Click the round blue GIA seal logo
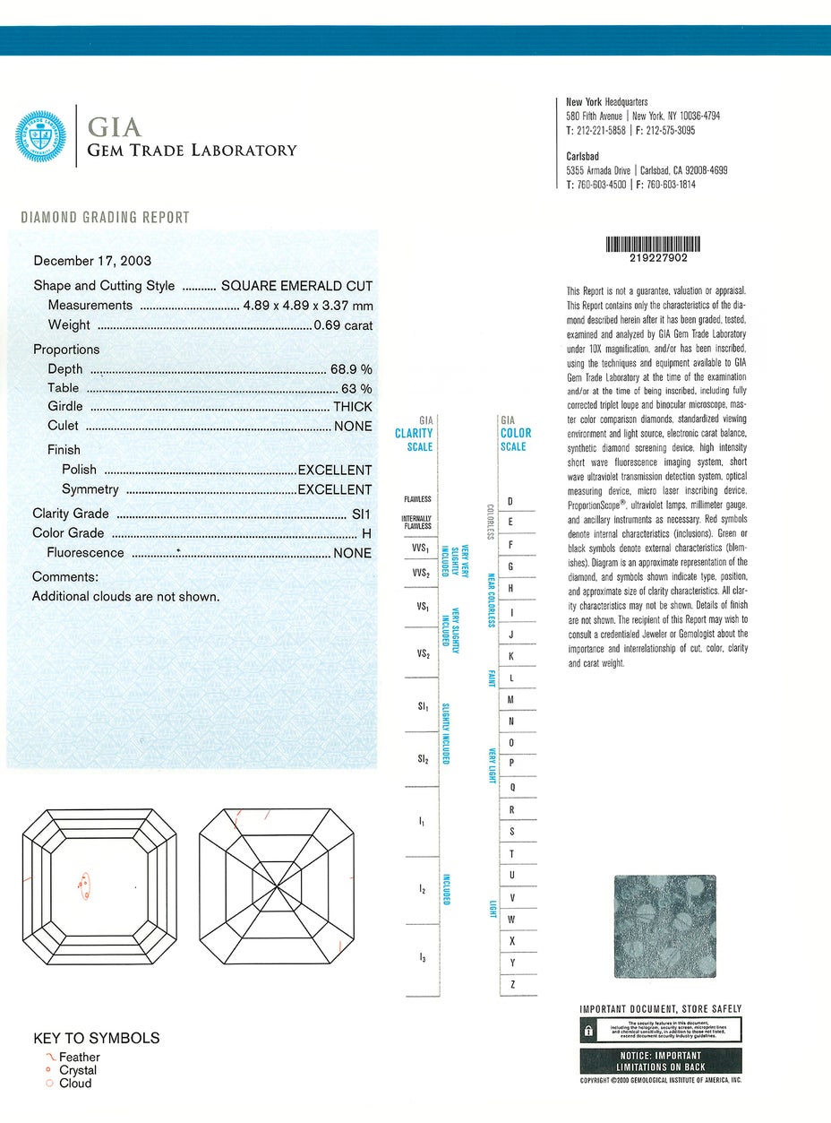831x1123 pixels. (41, 136)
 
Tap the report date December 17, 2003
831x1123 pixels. (92, 261)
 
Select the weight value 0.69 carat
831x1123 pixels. (342, 325)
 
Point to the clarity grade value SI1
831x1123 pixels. (362, 514)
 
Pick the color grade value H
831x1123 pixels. (366, 533)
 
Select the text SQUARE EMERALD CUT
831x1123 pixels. (296, 286)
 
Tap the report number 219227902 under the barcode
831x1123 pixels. (653, 257)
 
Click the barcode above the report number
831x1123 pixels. (653, 243)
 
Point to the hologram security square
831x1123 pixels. (664, 927)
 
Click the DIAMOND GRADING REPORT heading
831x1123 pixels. (105, 217)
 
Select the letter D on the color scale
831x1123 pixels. (510, 501)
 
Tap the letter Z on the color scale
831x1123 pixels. (511, 984)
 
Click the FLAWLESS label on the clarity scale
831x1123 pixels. (417, 499)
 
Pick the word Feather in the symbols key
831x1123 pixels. (80, 1057)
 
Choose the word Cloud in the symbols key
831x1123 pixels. (75, 1083)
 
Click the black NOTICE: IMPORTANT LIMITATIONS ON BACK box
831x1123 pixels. (661, 1061)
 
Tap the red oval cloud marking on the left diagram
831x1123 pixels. (85, 885)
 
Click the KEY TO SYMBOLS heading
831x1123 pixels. (97, 1038)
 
